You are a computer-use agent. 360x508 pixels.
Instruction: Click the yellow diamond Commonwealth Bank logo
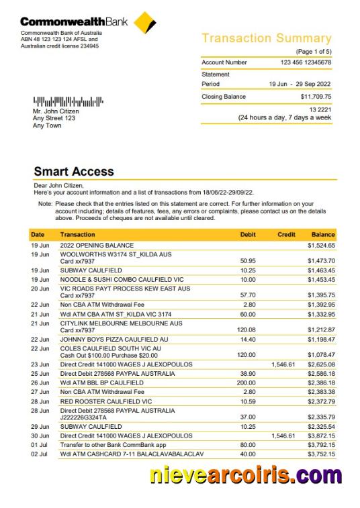coord(145,21)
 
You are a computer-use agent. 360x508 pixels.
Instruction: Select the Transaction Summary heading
coord(267,38)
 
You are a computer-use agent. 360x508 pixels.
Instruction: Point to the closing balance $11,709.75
coord(316,97)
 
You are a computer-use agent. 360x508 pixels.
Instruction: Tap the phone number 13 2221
coord(320,109)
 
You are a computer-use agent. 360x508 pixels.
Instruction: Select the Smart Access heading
coord(74,172)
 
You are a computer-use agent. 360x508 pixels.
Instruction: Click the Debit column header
coord(248,235)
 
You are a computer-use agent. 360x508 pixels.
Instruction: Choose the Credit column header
coord(287,235)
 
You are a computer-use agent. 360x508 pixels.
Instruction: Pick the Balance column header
coord(323,235)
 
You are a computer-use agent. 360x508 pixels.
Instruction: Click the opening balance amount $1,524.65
coord(321,246)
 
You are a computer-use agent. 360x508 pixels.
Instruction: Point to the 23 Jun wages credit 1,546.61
coord(283,364)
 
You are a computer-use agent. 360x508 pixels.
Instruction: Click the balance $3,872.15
coord(321,436)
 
